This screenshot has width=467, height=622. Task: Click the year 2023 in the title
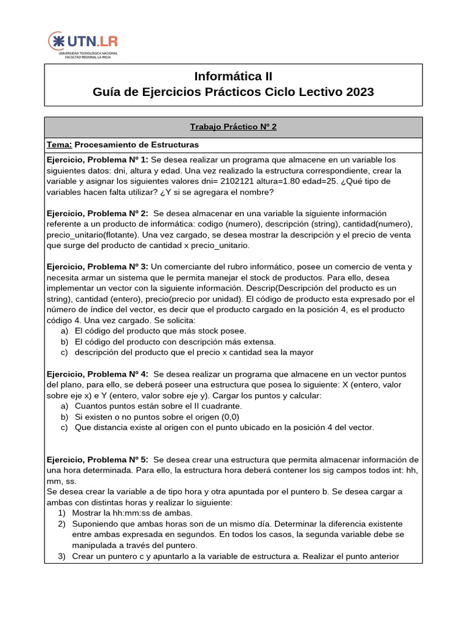pyautogui.click(x=361, y=92)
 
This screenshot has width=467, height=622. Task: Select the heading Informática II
pyautogui.click(x=233, y=77)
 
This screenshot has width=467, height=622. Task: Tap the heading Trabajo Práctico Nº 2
pyautogui.click(x=233, y=126)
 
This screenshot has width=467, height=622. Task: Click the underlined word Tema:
pyautogui.click(x=60, y=145)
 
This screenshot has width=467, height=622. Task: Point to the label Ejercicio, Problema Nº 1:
pyautogui.click(x=97, y=159)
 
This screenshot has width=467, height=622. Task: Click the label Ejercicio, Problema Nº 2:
pyautogui.click(x=97, y=213)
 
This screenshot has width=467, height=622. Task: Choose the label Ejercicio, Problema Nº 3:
pyautogui.click(x=97, y=267)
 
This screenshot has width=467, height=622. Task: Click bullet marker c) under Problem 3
pyautogui.click(x=64, y=352)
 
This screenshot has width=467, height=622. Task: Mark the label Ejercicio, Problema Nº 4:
pyautogui.click(x=97, y=374)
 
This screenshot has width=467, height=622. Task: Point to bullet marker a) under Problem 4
pyautogui.click(x=64, y=406)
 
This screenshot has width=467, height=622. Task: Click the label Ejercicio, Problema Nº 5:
pyautogui.click(x=97, y=459)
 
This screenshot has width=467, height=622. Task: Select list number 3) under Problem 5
pyautogui.click(x=62, y=556)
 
